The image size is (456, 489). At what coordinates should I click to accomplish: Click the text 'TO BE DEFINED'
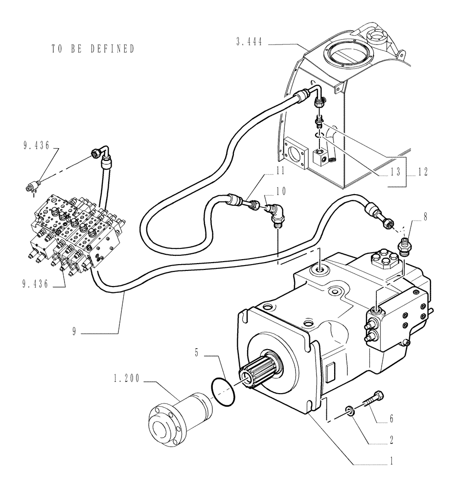(92, 49)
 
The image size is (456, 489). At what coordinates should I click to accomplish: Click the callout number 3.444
(249, 43)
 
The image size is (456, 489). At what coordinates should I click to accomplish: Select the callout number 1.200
(126, 379)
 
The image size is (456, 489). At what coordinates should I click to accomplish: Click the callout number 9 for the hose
(74, 332)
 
